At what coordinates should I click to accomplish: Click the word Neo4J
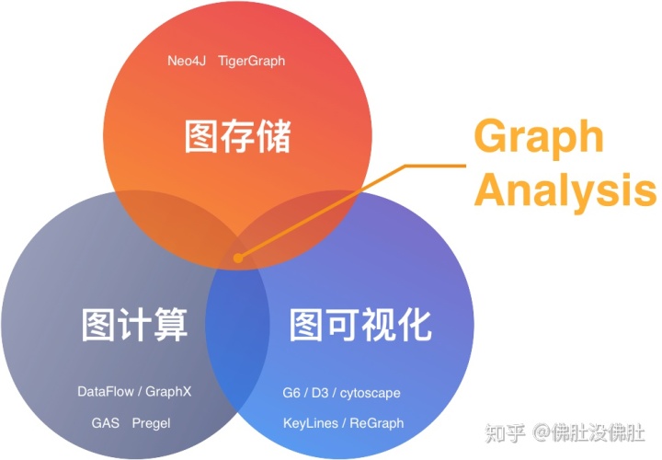pos(187,61)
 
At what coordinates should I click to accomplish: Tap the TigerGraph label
pos(252,61)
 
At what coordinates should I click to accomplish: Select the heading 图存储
pos(237,137)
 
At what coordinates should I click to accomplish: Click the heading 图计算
pos(135,324)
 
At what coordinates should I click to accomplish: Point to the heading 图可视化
pos(360,324)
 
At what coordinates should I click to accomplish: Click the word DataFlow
pos(108,391)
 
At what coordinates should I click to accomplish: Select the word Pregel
pos(151,423)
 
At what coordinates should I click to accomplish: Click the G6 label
pos(291,393)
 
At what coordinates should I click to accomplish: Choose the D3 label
pos(319,393)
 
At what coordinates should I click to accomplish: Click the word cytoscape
pos(370,393)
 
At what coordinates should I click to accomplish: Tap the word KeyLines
pos(311,423)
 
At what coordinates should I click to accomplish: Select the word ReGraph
pos(377,423)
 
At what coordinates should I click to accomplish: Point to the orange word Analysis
pos(565,191)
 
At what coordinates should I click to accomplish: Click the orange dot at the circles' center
pos(239,258)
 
